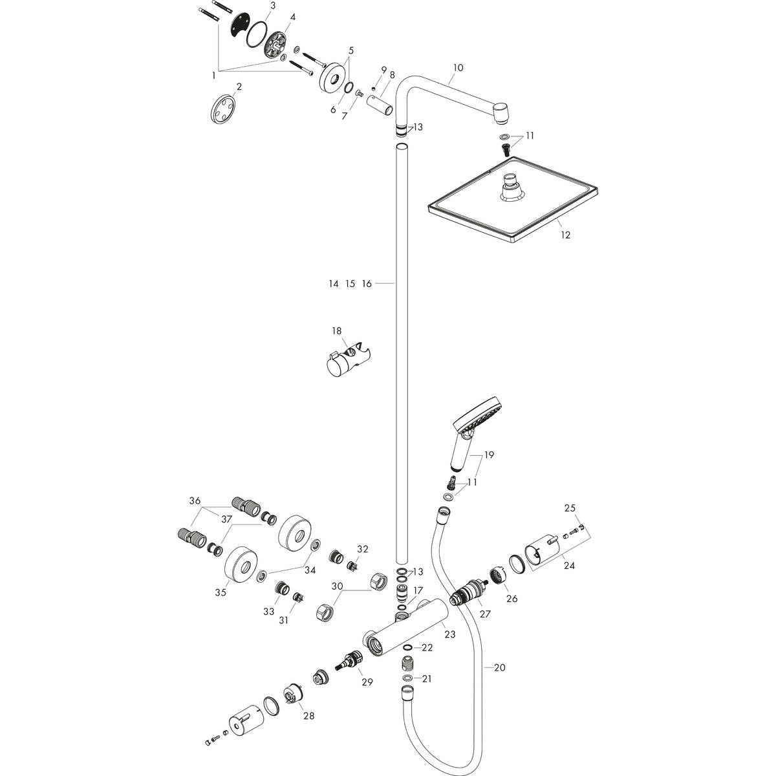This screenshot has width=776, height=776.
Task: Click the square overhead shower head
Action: [513, 206]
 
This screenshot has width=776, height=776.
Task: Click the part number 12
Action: [565, 235]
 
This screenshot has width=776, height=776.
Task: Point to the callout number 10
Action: [458, 67]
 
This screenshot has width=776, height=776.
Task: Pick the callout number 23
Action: [449, 634]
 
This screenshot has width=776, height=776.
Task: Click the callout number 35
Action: [221, 592]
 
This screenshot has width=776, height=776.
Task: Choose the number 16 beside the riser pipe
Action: [367, 283]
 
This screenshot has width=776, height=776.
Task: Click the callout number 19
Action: [488, 455]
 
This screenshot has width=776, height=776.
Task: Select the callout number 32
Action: [363, 549]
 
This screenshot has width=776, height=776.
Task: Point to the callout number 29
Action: [367, 682]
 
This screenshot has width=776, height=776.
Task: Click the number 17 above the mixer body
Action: [418, 590]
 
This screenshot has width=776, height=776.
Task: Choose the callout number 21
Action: [426, 678]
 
